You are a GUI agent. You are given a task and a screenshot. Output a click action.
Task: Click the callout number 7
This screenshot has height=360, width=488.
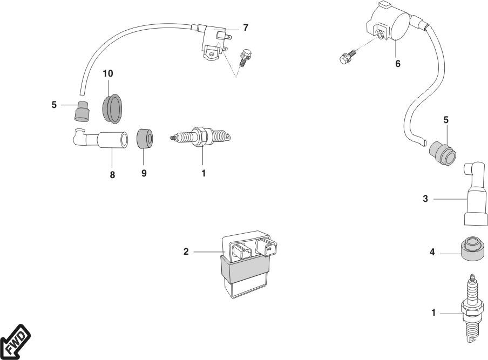coord(246,28)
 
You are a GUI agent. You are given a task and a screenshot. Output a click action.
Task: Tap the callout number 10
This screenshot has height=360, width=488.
coord(109,73)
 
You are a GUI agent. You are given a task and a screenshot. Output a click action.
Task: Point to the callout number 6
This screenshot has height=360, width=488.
coord(398,64)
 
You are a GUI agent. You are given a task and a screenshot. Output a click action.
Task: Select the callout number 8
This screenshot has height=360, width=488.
coord(112,175)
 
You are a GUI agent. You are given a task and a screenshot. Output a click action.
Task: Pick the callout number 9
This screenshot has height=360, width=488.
coord(144,174)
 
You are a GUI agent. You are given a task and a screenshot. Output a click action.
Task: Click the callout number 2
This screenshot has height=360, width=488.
coord(186,252)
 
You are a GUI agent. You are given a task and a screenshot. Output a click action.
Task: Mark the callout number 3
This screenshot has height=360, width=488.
coord(425,199)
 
